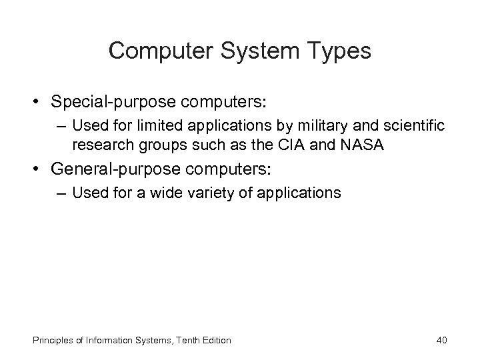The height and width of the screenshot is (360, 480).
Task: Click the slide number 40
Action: coord(441,340)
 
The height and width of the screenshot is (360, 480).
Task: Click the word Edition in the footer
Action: coord(216,340)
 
